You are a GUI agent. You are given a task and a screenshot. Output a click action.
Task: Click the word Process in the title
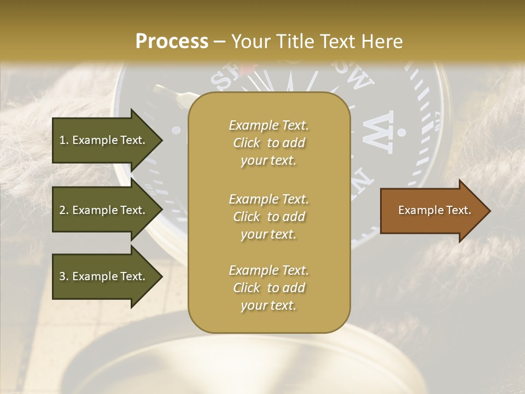click(x=172, y=42)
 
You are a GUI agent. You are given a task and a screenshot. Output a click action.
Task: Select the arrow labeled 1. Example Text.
click(x=104, y=140)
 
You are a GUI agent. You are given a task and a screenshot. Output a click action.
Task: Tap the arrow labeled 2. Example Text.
click(x=104, y=210)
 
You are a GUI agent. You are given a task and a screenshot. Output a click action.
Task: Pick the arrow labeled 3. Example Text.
click(x=104, y=276)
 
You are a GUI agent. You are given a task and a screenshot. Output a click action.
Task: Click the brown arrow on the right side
click(x=432, y=211)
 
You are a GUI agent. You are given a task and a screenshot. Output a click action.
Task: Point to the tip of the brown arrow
click(x=489, y=211)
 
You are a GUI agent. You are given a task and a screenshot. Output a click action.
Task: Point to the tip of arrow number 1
click(x=161, y=140)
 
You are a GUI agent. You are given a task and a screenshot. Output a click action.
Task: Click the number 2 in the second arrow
click(x=62, y=210)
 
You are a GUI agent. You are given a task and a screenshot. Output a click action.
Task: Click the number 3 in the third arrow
click(x=62, y=276)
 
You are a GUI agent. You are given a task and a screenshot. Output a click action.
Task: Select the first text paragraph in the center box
click(x=269, y=143)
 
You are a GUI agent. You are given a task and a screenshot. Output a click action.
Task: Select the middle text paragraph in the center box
click(x=269, y=217)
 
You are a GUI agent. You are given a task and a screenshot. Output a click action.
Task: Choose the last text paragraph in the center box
click(x=269, y=288)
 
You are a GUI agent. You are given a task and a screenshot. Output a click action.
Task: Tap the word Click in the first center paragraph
click(x=247, y=143)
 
